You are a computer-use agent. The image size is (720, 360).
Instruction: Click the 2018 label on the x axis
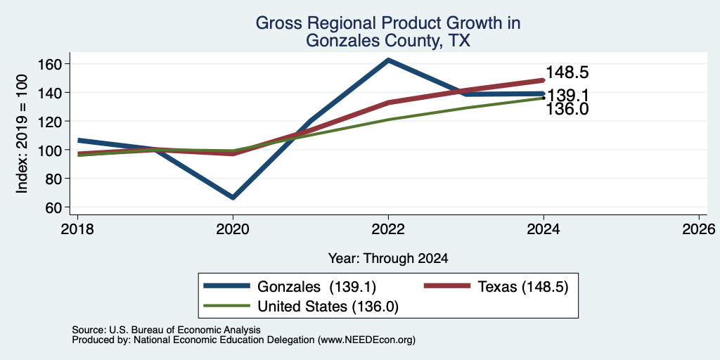[x=77, y=229]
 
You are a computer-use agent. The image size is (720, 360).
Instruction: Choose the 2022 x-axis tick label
[x=388, y=229]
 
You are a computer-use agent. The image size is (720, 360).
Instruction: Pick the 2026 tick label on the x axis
[x=699, y=229]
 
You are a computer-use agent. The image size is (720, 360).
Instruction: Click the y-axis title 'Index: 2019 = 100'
[x=22, y=134]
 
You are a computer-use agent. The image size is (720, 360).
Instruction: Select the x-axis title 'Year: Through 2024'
[x=388, y=259]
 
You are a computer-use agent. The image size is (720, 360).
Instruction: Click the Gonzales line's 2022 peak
[x=388, y=60]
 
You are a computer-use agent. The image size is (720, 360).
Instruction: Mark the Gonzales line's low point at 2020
[x=233, y=198]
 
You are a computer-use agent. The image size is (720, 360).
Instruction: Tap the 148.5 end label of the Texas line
[x=567, y=72]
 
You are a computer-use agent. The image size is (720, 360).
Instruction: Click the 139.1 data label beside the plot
[x=568, y=95]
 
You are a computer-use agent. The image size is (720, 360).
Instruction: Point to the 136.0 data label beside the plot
[x=567, y=109]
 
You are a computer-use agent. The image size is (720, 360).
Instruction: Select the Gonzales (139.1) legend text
[x=317, y=287]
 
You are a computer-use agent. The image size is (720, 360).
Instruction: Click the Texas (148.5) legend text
[x=523, y=287]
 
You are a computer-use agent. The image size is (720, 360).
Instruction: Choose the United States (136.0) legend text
[x=328, y=307]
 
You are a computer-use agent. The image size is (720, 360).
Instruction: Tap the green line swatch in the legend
[x=227, y=306]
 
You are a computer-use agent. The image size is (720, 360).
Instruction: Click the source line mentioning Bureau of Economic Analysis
[x=166, y=330]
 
